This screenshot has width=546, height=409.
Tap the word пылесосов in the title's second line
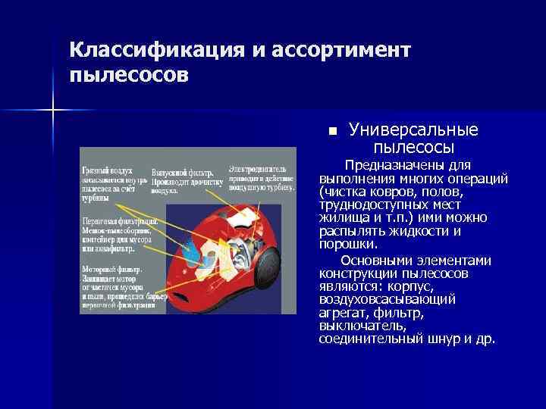126,76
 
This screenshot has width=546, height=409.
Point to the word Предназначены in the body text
386,165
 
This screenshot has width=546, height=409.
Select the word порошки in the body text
344,245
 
